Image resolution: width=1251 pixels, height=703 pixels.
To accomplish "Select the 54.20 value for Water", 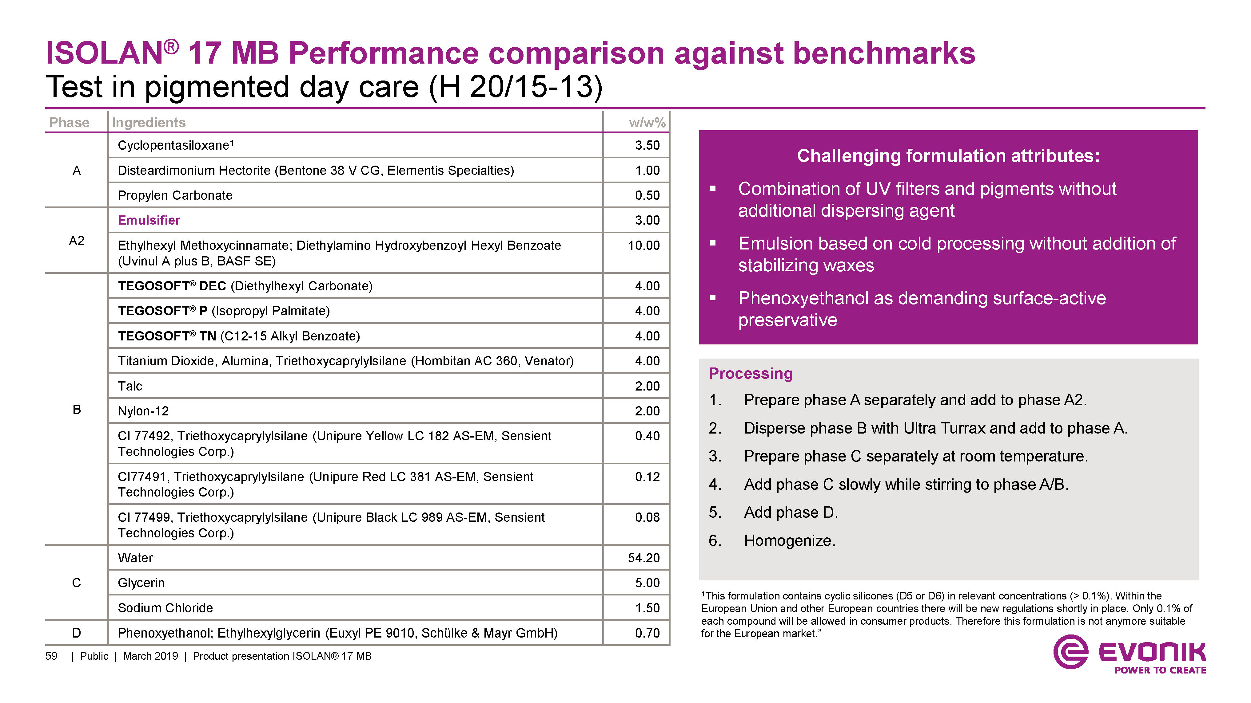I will [643, 558].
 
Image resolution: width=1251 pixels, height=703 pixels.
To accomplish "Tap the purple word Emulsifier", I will [149, 220].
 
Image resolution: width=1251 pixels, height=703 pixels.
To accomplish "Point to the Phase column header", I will [70, 122].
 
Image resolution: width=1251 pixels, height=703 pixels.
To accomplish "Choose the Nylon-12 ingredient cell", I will [143, 411].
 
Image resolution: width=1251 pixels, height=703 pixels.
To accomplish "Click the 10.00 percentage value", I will [643, 245].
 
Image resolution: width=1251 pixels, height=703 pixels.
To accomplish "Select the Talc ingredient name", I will [130, 386].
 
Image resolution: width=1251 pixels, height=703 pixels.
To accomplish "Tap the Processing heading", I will [750, 373].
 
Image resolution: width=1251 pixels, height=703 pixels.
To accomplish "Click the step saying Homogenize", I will [789, 540].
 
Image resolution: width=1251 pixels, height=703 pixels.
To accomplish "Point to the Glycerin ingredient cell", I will [141, 583].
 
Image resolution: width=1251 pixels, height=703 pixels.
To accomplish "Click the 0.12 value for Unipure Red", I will [647, 477].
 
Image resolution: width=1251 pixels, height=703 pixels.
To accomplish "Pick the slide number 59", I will [51, 656].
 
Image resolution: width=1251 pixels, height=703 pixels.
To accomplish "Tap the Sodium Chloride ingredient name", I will [165, 608].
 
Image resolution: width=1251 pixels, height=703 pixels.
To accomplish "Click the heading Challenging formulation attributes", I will [948, 156].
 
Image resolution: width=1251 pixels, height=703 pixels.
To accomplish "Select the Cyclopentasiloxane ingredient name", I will [173, 146].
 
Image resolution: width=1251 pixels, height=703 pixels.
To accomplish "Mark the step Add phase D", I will [791, 512].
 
